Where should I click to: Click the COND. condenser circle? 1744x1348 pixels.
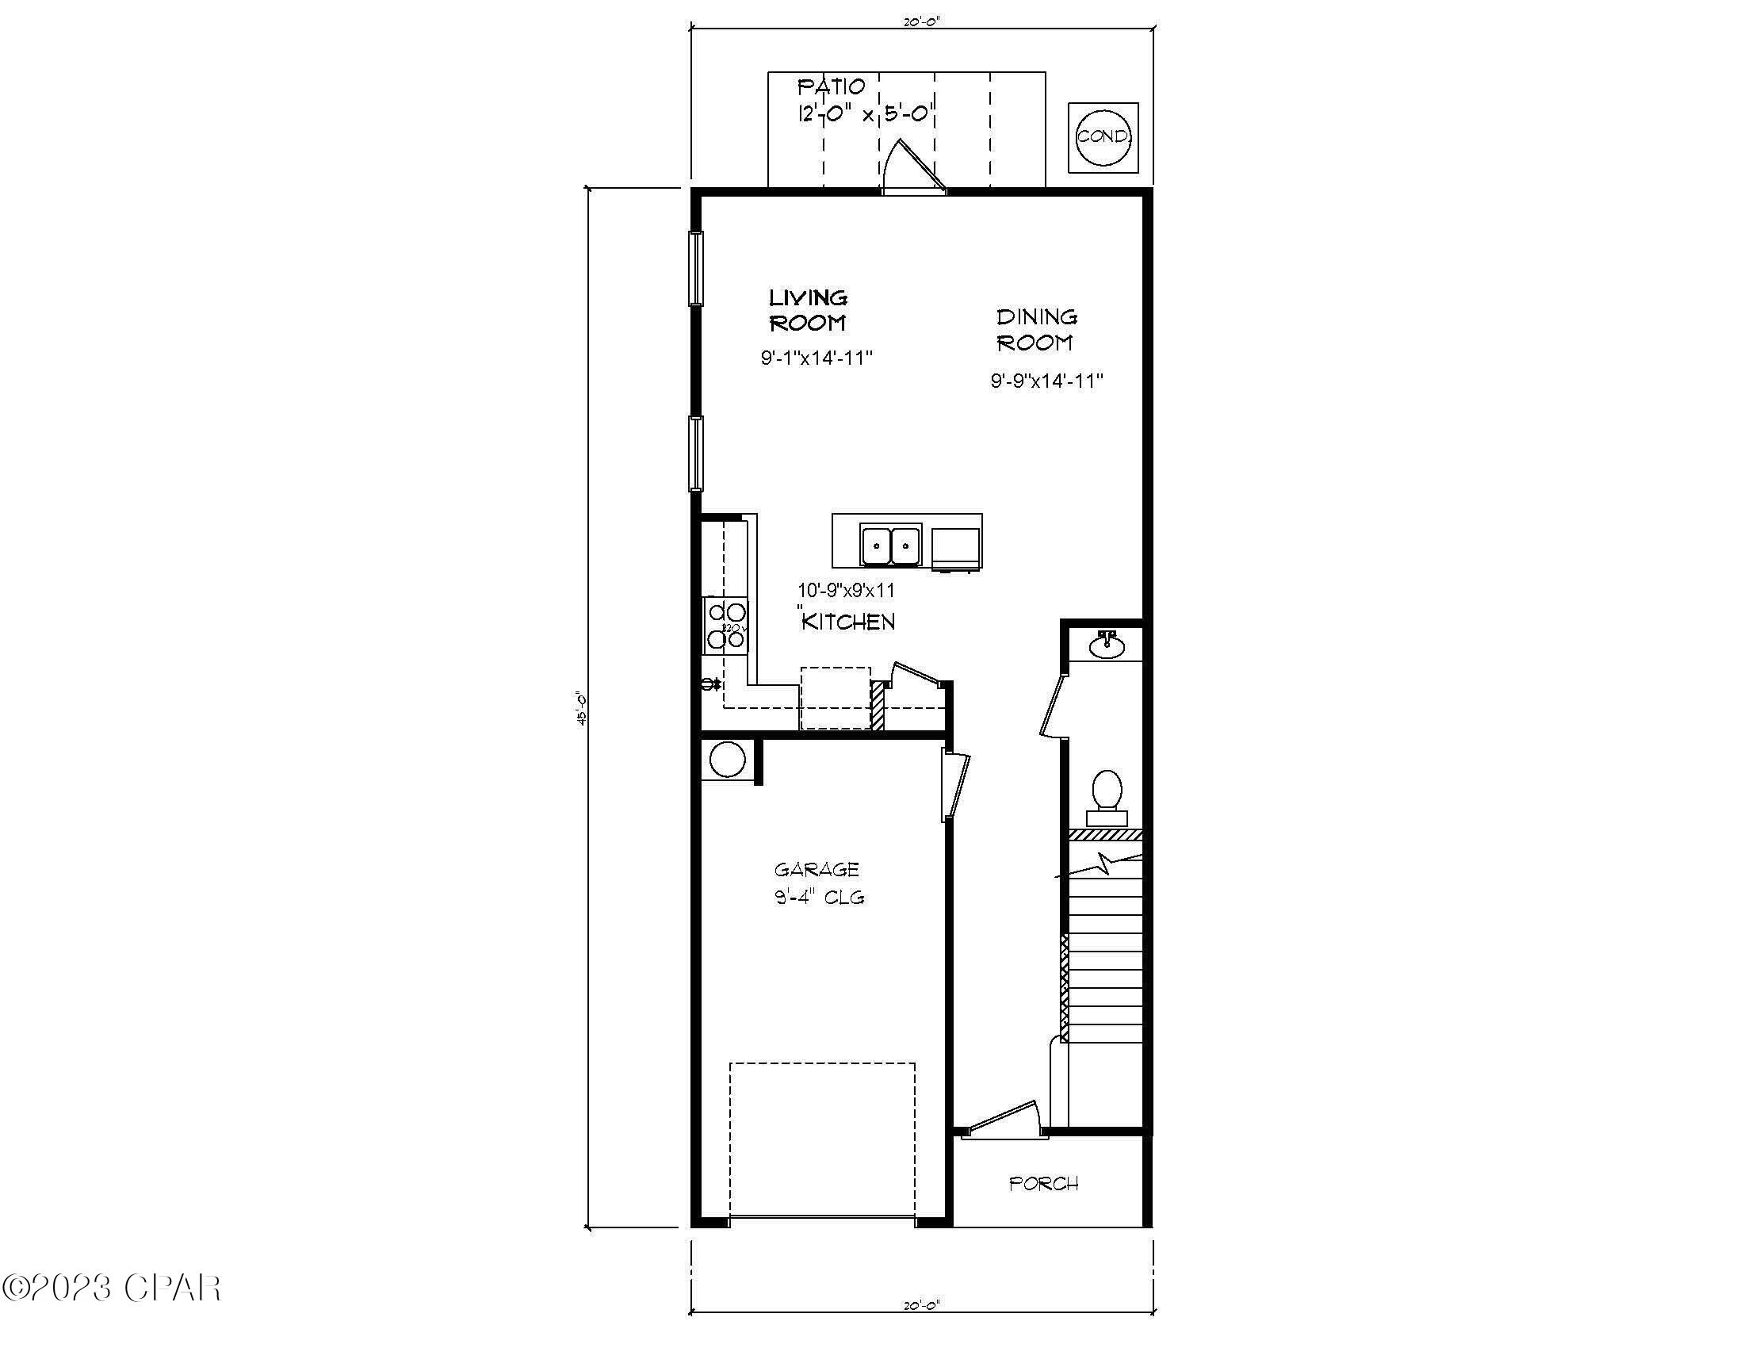pos(1103,136)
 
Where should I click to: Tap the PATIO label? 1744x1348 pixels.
pos(832,86)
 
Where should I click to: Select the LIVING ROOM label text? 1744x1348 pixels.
pos(807,311)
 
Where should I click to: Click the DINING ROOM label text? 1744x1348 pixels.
pos(1036,330)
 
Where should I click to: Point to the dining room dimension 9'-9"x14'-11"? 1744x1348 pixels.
pos(1046,381)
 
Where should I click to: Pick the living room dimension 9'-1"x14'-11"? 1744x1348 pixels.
pos(815,358)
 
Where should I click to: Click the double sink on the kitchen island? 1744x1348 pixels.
pos(890,546)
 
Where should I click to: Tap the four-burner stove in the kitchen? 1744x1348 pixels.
pos(726,626)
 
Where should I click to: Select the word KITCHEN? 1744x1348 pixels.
pos(848,622)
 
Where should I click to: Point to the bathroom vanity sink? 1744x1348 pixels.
pos(1107,645)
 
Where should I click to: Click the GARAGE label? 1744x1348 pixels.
pos(816,869)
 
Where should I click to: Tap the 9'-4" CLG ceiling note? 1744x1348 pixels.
pos(820,897)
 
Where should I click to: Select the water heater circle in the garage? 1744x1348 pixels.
pos(727,760)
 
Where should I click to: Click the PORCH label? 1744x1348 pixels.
pos(1044,1184)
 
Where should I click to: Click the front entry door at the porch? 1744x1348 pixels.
pos(1002,1118)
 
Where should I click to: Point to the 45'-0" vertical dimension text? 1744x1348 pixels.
pos(582,707)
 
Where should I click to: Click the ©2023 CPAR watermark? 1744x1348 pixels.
pos(112,1287)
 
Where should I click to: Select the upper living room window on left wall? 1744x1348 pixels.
pos(695,268)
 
